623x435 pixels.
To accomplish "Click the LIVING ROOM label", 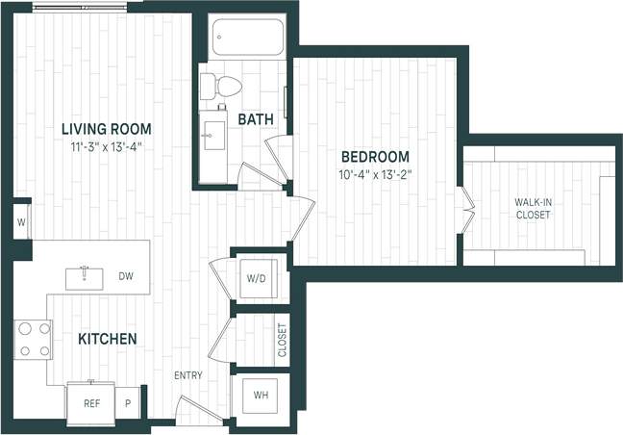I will (106, 129).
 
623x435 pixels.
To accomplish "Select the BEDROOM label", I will (375, 157).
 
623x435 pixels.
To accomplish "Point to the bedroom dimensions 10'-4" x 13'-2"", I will (375, 175).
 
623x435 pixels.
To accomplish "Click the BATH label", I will (256, 119).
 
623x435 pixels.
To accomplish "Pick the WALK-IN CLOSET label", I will (532, 208).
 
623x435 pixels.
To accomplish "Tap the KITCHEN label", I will (107, 339).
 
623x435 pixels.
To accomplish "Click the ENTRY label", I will (188, 375).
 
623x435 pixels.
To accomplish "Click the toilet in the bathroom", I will (222, 87).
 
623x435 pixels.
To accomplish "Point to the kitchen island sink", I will (86, 277).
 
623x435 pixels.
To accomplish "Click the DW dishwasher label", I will (126, 277).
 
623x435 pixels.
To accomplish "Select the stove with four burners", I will (32, 339).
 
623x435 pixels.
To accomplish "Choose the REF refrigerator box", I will (92, 404).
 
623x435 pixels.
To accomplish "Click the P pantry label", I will (128, 404).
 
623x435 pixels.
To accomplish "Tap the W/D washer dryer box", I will (257, 279).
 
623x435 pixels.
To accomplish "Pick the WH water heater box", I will (261, 396).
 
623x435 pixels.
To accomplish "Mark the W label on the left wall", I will (21, 222).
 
